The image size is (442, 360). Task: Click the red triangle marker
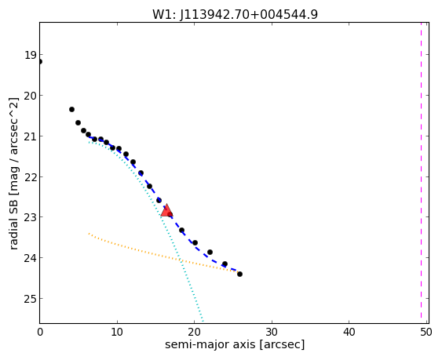(166, 210)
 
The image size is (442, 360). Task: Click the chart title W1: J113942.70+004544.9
(235, 15)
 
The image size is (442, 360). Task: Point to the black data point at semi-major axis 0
(40, 62)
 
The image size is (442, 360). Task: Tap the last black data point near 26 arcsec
(239, 274)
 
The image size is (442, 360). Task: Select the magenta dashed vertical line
(421, 173)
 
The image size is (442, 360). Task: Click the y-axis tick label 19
(30, 55)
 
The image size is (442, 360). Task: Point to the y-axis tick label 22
(30, 177)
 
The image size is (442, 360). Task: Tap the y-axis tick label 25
(30, 299)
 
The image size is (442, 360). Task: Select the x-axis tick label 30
(272, 332)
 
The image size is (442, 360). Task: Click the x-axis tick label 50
(426, 332)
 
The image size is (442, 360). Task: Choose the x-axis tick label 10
(117, 332)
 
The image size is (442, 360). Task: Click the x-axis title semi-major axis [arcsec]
(235, 345)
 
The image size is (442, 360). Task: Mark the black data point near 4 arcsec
(71, 109)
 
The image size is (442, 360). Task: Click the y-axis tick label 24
(30, 258)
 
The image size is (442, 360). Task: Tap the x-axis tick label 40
(349, 332)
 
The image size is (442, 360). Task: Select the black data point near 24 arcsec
(225, 264)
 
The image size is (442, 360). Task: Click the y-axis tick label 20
(30, 96)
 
